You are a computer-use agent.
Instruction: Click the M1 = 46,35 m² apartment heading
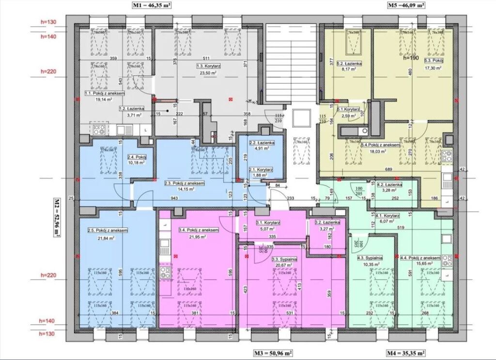[x=152, y=5]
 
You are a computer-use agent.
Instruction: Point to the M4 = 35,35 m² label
[x=405, y=353]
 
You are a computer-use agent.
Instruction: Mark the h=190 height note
[x=411, y=57]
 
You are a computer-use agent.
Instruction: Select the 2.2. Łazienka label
[x=262, y=143]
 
